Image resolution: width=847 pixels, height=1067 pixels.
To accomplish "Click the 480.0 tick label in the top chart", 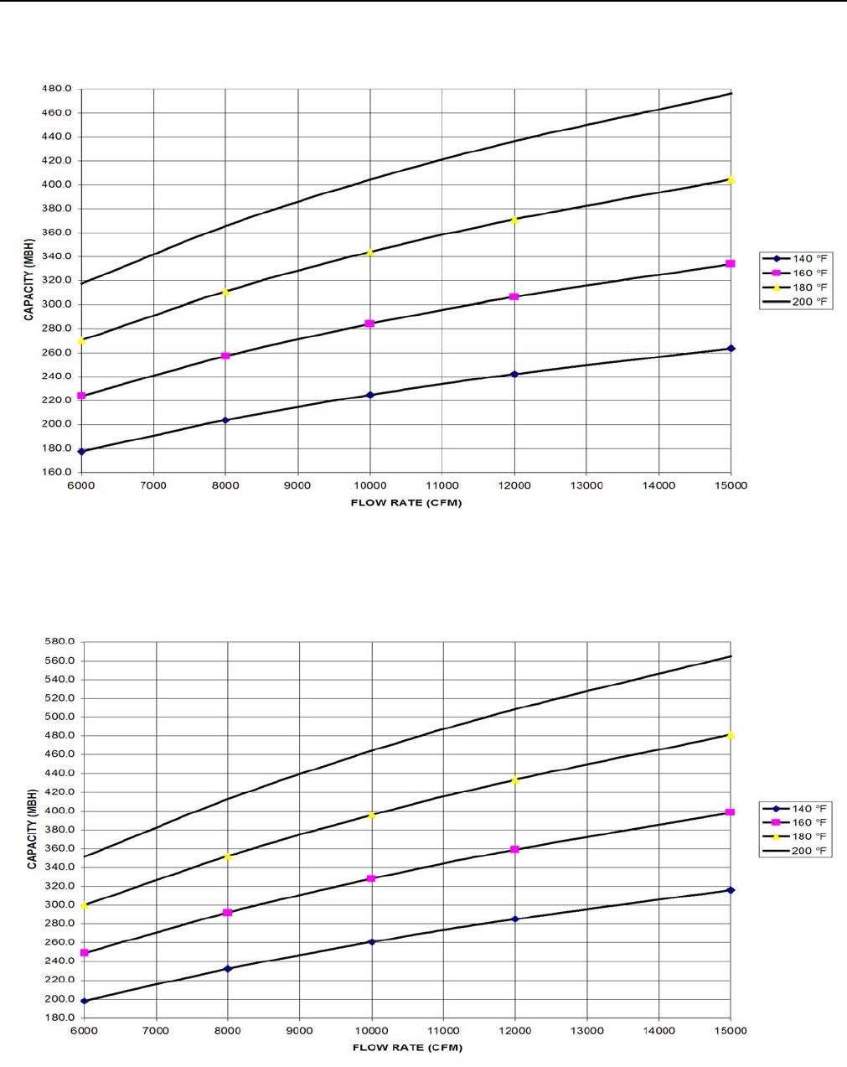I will click(58, 89).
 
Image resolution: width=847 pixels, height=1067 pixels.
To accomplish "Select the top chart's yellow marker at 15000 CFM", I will click(731, 179).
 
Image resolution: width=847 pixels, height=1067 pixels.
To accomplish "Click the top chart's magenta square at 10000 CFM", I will click(369, 324).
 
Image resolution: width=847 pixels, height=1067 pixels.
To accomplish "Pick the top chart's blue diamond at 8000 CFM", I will click(225, 420).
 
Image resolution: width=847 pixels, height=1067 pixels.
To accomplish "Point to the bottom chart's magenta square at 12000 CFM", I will click(514, 850).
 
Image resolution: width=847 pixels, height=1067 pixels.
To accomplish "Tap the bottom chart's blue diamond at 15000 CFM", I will click(731, 890).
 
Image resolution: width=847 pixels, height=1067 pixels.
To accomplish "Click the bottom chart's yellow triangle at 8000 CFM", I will click(227, 857).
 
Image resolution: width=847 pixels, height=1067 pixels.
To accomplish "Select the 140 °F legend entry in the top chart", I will click(796, 259).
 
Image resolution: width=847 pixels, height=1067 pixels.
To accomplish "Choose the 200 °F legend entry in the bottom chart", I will click(796, 851).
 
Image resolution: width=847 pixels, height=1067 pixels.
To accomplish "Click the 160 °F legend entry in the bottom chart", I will click(796, 822).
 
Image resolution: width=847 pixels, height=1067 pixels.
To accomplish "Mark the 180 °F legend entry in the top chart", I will click(796, 287).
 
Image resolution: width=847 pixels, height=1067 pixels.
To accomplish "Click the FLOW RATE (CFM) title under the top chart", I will click(406, 503).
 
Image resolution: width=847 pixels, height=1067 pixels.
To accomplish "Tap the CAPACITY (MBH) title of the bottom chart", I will click(32, 829).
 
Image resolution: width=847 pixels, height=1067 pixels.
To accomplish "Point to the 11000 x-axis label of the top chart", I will click(442, 485).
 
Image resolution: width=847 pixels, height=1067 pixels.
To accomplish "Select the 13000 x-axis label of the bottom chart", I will click(586, 1031).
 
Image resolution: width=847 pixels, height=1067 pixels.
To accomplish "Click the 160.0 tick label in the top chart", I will click(58, 472).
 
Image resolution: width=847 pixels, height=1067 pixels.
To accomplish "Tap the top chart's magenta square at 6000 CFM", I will click(81, 396).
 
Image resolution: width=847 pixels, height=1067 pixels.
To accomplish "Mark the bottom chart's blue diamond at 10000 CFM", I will click(371, 942).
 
